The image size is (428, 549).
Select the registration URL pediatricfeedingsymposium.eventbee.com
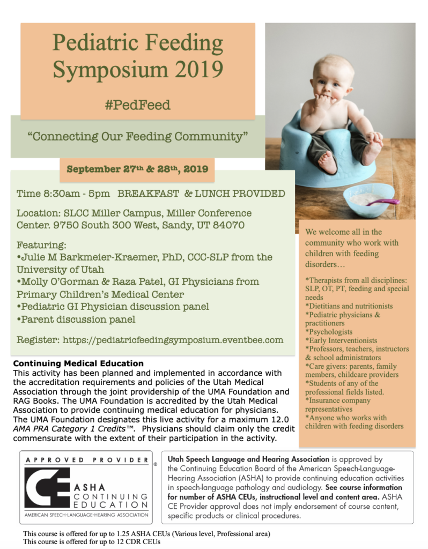[x=173, y=340]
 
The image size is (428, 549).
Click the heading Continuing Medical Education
[x=78, y=363]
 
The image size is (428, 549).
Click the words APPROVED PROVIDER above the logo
[x=85, y=460]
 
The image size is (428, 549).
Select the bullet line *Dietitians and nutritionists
[x=349, y=306]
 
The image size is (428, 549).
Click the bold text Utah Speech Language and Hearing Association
[x=248, y=459]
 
